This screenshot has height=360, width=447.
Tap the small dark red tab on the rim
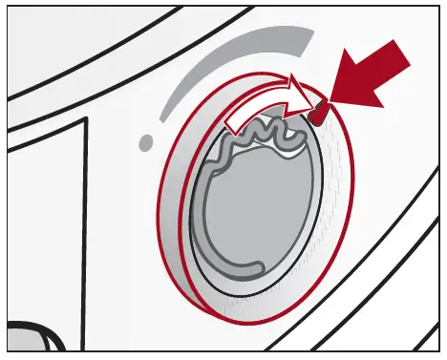pyautogui.click(x=317, y=115)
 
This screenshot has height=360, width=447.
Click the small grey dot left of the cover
pyautogui.click(x=145, y=142)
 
